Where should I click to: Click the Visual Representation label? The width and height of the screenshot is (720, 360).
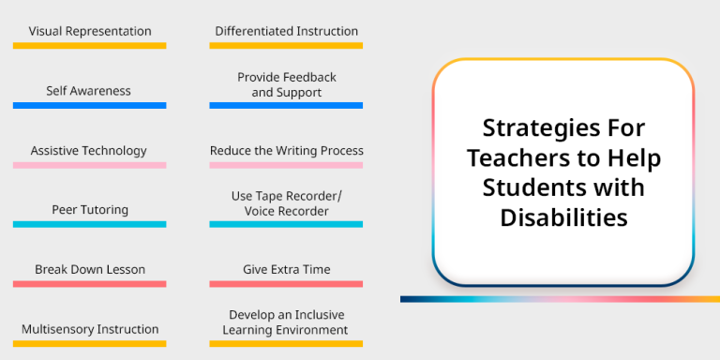coord(90,31)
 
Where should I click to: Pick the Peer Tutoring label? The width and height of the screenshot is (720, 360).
coord(90,210)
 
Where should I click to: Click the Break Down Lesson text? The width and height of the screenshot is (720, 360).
coord(90,269)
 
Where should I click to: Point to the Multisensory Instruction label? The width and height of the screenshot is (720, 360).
coord(90,329)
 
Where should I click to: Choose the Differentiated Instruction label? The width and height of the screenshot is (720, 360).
coord(286,31)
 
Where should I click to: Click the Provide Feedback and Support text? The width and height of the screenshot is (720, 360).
coord(286,84)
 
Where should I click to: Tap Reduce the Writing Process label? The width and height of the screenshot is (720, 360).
coord(286,150)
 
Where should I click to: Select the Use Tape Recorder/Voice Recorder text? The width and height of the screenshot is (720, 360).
coord(286,203)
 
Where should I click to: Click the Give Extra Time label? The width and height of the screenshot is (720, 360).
coord(286,269)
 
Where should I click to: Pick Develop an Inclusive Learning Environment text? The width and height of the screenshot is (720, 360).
coord(286,322)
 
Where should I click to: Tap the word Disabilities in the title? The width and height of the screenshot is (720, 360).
coord(563,217)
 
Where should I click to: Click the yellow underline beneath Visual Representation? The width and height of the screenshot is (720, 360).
coord(90,45)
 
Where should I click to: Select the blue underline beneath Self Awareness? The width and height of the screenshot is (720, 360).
coord(90,105)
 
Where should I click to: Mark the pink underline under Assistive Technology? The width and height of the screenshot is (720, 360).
coord(90,165)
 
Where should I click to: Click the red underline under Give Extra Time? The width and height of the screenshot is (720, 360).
coord(286,284)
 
